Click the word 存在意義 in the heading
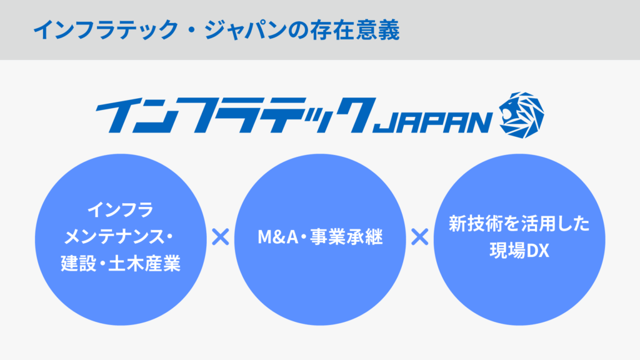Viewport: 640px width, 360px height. point(354,31)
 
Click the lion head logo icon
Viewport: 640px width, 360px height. point(521,115)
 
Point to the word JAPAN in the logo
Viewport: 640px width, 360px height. point(432,122)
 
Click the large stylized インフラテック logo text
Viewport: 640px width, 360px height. point(236,116)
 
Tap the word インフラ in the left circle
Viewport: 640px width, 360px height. point(121,210)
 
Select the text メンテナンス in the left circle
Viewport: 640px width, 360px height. point(113,237)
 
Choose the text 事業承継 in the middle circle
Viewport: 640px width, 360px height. point(346,237)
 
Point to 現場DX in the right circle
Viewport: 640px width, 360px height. point(519,251)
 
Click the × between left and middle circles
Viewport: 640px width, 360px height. point(221,237)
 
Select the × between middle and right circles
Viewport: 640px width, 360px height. point(419,237)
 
